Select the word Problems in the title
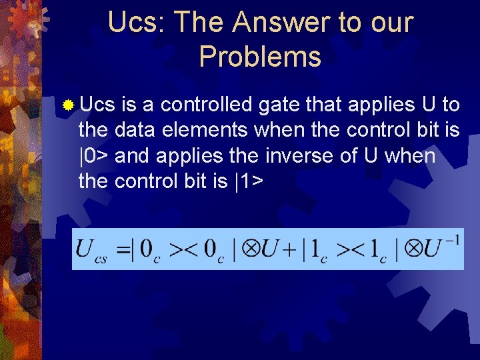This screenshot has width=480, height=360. [x=260, y=57]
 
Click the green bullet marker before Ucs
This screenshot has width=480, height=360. [x=67, y=105]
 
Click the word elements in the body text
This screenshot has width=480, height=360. [x=203, y=130]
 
